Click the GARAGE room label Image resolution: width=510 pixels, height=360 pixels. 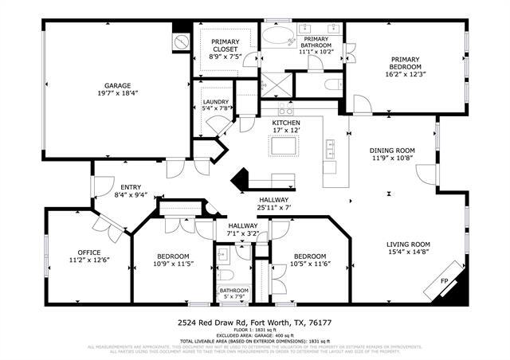click(x=117, y=86)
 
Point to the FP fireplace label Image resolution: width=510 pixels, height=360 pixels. click(x=445, y=281)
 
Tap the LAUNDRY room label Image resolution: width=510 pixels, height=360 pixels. click(x=216, y=102)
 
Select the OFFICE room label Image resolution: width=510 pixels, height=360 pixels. click(x=88, y=252)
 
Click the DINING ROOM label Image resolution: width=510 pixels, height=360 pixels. click(x=392, y=150)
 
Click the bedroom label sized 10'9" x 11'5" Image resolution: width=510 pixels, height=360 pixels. click(x=172, y=263)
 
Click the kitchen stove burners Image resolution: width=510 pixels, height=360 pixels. click(x=284, y=110)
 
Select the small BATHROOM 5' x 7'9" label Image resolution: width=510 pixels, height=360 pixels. click(x=234, y=291)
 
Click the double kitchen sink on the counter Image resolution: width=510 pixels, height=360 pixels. click(x=329, y=148)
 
